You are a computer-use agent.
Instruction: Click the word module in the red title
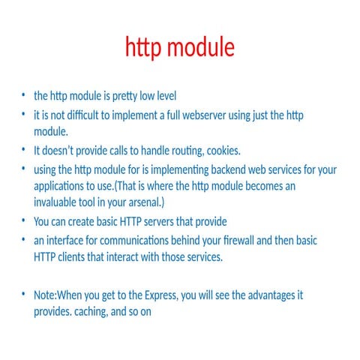coord(200,48)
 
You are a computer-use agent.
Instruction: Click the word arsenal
coord(142,202)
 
